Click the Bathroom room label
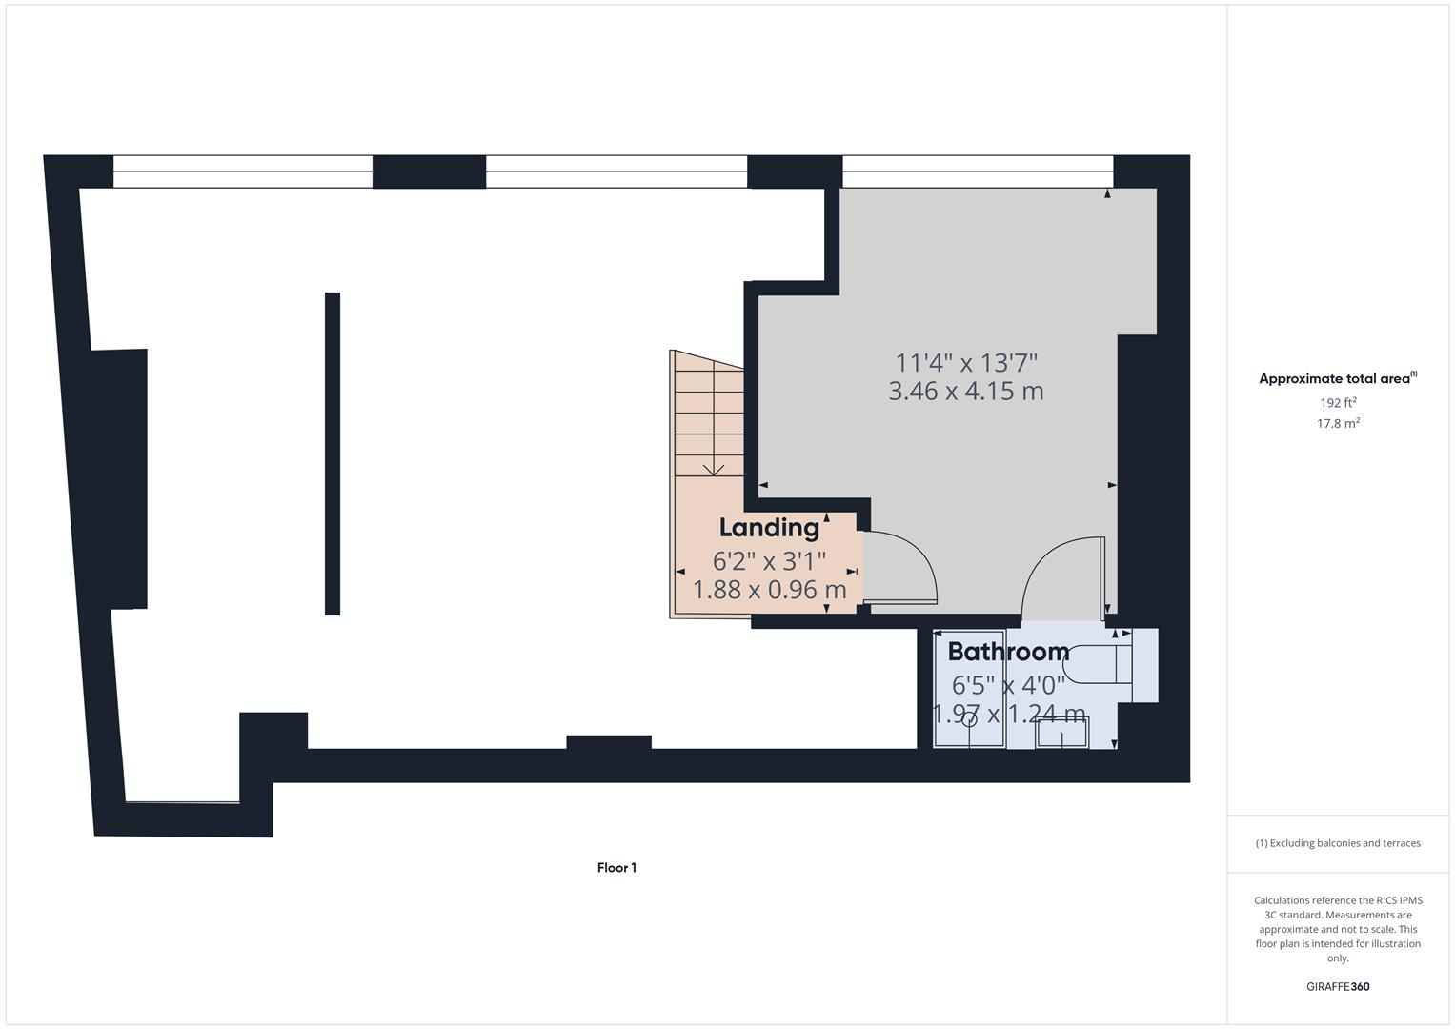pyautogui.click(x=1008, y=653)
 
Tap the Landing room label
pyautogui.click(x=769, y=528)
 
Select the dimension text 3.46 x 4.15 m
pyautogui.click(x=965, y=392)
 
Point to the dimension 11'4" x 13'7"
pyautogui.click(x=965, y=363)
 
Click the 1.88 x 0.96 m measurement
pyautogui.click(x=769, y=591)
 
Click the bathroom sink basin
pyautogui.click(x=1061, y=735)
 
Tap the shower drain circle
pyautogui.click(x=969, y=720)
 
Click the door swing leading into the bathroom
pyautogui.click(x=1060, y=576)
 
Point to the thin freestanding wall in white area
pyautogui.click(x=333, y=454)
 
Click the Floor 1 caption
pyautogui.click(x=616, y=868)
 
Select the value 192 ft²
pyautogui.click(x=1338, y=403)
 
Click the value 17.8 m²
pyautogui.click(x=1338, y=424)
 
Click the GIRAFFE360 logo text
pyautogui.click(x=1338, y=987)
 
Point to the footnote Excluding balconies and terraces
pyautogui.click(x=1338, y=843)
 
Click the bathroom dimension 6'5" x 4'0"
pyautogui.click(x=1008, y=685)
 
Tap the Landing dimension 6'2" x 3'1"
pyautogui.click(x=769, y=561)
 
